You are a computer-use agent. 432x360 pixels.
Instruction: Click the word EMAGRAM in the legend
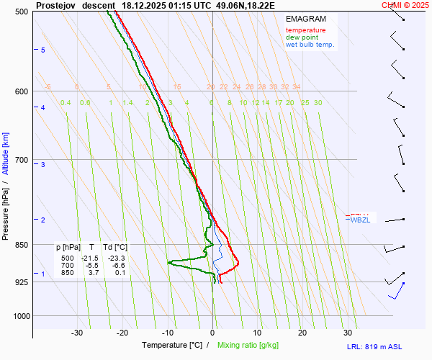click(305, 19)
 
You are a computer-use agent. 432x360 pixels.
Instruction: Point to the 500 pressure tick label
click(21, 12)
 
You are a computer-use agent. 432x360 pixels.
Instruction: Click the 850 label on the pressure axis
click(21, 245)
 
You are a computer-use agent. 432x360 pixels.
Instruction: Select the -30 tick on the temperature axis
click(77, 333)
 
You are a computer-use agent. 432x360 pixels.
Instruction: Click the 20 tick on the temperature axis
click(302, 333)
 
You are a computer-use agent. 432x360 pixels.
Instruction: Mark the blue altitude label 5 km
click(43, 50)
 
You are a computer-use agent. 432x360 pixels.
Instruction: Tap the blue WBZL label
click(359, 220)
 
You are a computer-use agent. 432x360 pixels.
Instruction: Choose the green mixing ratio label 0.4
click(66, 103)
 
